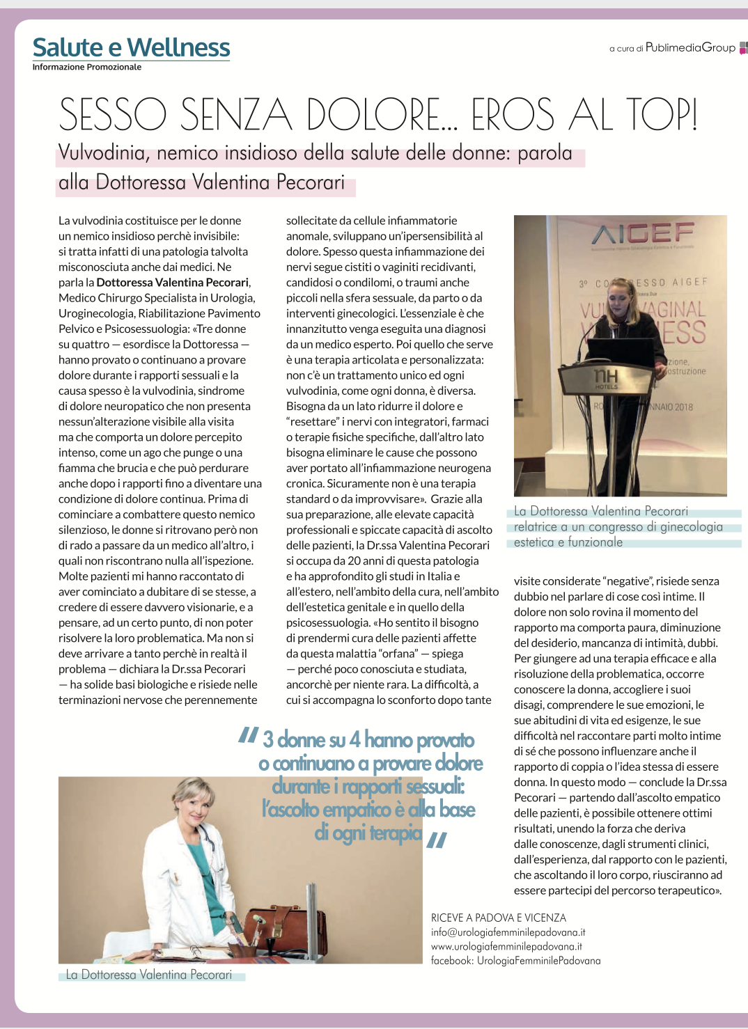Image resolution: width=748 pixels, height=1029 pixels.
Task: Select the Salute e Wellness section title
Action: pos(131,47)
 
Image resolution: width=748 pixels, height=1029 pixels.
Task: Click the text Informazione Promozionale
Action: pos(87,68)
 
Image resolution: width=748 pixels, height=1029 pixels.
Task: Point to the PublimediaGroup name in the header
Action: pos(690,47)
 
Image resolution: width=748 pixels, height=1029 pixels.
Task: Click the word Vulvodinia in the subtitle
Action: pos(104,153)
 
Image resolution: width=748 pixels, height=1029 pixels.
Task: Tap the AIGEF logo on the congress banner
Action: pos(643,233)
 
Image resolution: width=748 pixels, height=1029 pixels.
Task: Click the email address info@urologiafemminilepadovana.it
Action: pos(508,932)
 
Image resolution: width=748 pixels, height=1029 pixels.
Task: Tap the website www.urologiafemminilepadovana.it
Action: pos(506,946)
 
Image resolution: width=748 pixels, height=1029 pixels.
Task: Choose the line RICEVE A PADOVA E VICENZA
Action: pos(499,918)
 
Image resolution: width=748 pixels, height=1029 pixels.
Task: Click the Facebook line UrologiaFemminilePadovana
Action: pos(515,961)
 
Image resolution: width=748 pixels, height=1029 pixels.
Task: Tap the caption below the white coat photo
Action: pos(149,975)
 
